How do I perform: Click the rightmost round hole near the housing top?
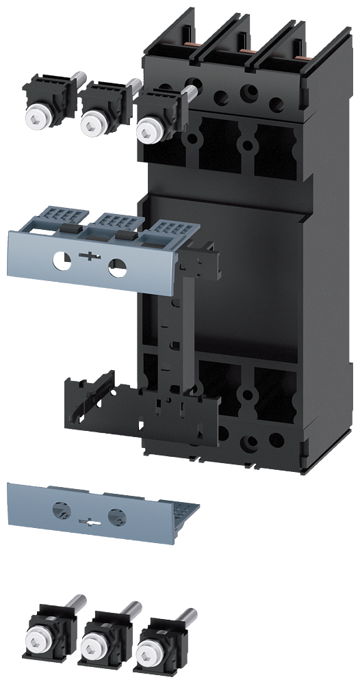tap(277, 104)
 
